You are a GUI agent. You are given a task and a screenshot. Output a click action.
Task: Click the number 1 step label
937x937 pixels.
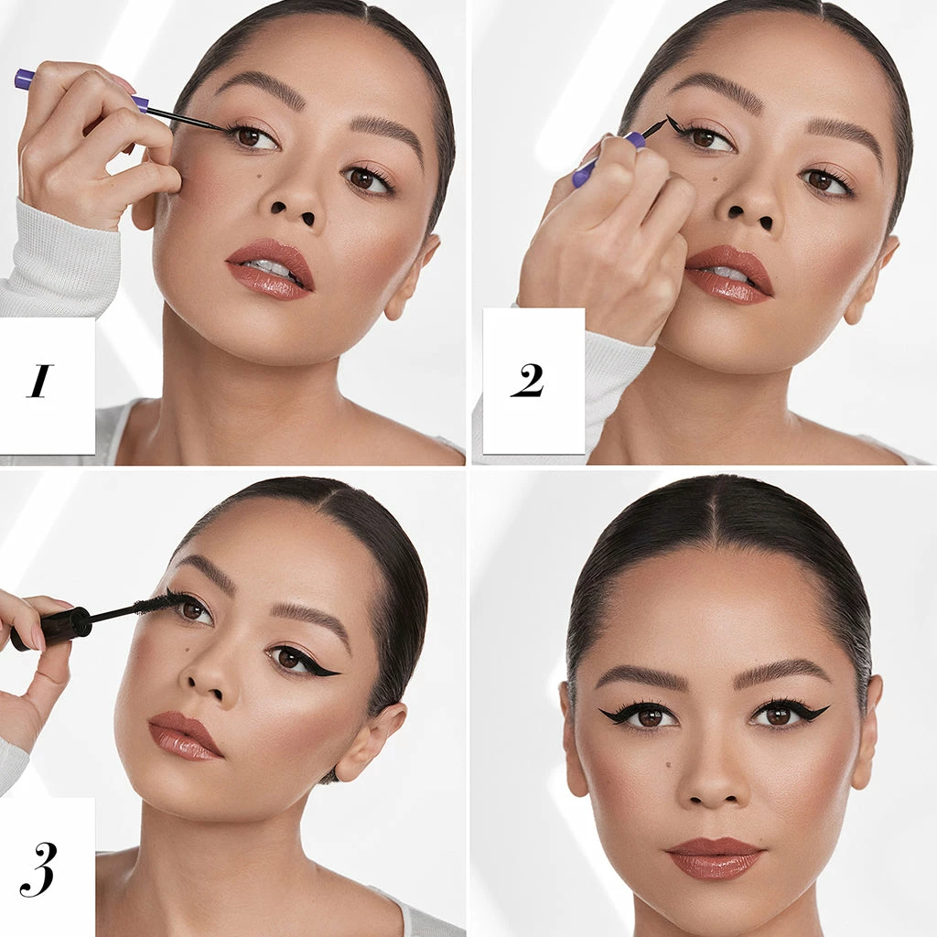point(39,381)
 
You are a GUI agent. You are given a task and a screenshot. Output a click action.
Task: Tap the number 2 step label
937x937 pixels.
point(527,380)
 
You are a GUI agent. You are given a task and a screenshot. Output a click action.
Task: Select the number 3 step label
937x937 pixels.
point(38,869)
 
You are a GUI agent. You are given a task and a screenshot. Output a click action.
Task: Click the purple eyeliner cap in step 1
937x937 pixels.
point(25,79)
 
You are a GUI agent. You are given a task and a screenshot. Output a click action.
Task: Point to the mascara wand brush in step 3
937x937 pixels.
point(153,604)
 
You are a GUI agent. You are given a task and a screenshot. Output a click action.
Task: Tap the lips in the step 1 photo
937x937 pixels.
point(271,269)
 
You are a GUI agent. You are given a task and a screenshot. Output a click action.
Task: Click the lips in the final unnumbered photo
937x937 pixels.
point(715,858)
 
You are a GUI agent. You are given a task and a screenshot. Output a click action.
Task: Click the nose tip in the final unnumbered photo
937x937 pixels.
point(713,788)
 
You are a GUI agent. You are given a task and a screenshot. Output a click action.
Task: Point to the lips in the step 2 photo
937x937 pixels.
point(729,275)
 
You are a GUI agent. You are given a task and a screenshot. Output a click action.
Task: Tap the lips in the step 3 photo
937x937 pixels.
point(184,737)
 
